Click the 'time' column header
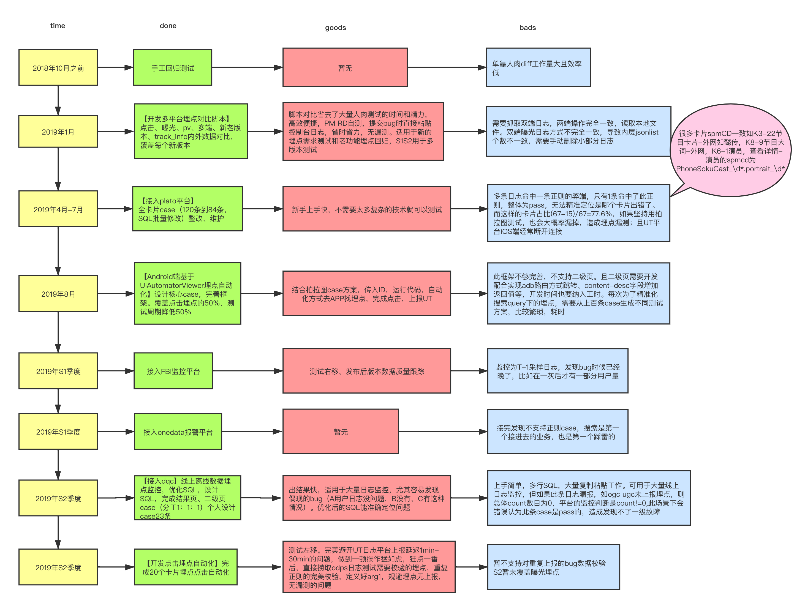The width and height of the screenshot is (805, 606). tap(58, 26)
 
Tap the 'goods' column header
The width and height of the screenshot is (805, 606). tap(335, 28)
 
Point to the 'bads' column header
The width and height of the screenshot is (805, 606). tap(527, 28)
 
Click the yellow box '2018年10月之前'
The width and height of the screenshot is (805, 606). tap(58, 68)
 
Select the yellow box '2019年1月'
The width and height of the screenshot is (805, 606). tap(58, 132)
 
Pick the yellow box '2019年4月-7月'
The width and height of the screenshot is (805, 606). tap(58, 209)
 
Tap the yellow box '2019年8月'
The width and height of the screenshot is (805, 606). tap(58, 294)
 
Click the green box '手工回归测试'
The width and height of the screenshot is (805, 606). tap(173, 68)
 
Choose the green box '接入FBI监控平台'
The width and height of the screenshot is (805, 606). tap(173, 371)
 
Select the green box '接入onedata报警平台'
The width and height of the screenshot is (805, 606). tap(178, 432)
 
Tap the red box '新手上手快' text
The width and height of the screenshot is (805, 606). tap(367, 209)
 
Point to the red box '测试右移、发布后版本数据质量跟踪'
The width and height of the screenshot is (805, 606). tap(367, 371)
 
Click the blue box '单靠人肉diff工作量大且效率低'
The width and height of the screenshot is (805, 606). tap(538, 68)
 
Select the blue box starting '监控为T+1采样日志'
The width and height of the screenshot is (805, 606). tap(557, 371)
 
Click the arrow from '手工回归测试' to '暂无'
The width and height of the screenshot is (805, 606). tap(248, 68)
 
